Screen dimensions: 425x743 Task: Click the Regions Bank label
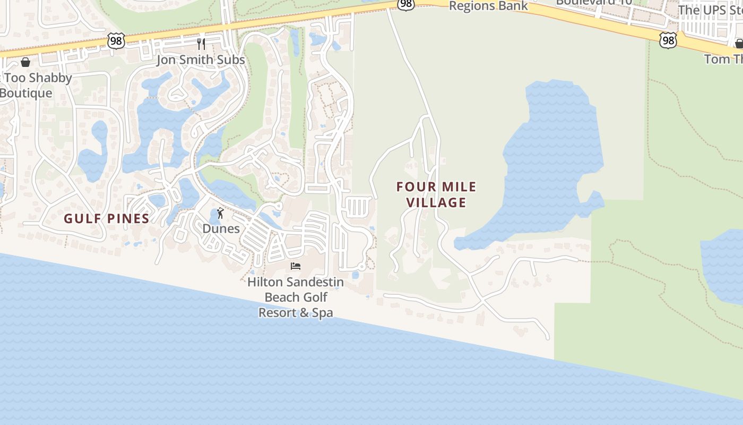488,6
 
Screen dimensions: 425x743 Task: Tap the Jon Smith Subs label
201,59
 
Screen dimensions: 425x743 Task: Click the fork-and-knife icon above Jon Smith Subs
201,44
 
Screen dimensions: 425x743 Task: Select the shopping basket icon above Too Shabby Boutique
25,62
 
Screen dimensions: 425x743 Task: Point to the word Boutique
26,93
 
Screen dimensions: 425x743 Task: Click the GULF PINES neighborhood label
107,218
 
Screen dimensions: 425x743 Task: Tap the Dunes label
221,229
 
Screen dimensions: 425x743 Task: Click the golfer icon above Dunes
220,214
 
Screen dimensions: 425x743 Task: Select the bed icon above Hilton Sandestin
296,266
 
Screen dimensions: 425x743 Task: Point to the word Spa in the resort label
322,312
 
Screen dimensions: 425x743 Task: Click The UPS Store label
710,10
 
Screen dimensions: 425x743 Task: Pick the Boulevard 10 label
594,2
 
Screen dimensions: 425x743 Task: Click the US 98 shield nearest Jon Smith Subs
116,40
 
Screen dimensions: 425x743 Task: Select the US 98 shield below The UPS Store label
669,40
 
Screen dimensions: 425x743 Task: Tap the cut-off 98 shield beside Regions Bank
405,4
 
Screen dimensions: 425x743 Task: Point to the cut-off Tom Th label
723,58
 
